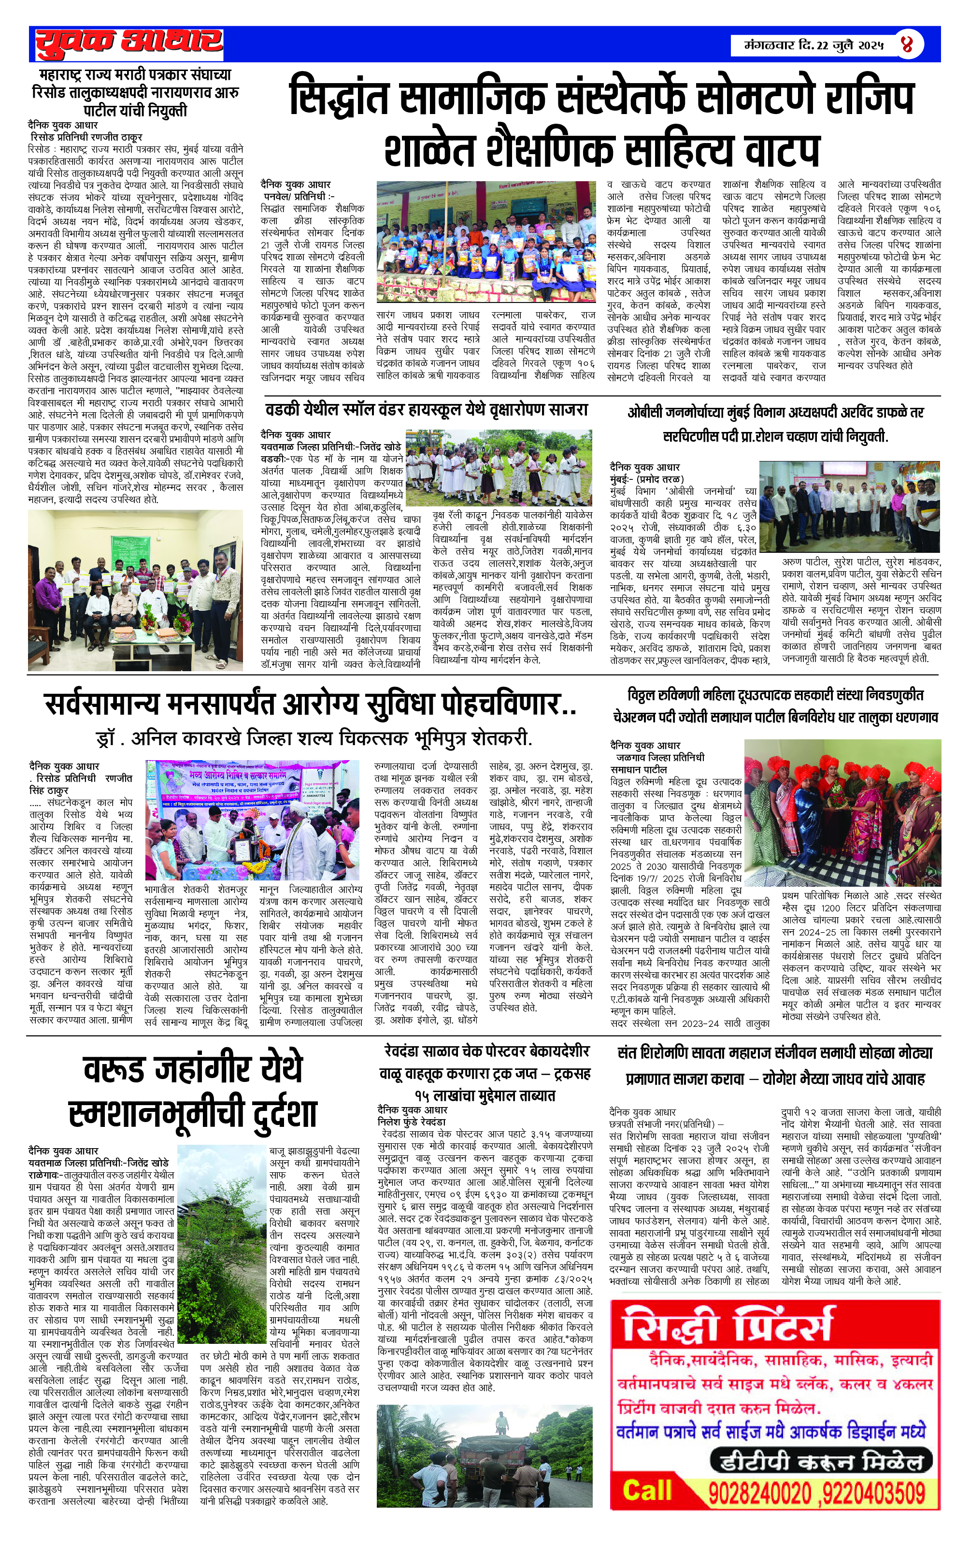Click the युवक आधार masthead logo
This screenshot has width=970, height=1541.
[x=128, y=43]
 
